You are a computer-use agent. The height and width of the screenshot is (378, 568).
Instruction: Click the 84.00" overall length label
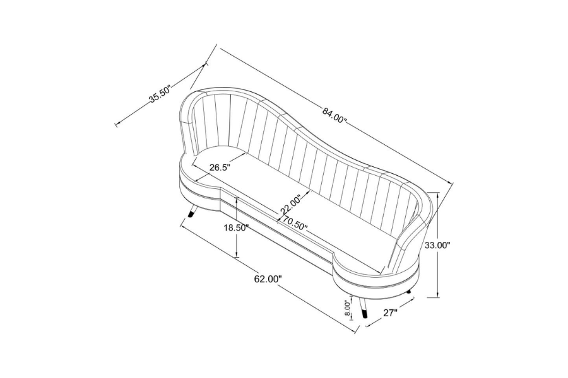(334, 115)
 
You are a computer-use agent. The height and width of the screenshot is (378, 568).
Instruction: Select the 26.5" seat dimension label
(220, 168)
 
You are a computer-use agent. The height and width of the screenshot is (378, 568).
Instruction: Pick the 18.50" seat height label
(236, 228)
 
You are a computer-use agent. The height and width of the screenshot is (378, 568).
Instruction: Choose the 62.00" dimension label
(268, 279)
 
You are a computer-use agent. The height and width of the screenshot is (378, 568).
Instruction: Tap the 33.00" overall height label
(437, 245)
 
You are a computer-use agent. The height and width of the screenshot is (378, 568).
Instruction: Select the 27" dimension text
(391, 312)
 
